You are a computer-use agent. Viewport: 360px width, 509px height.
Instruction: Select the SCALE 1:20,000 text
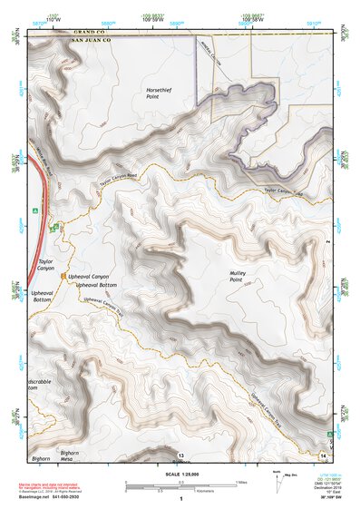pos(180,475)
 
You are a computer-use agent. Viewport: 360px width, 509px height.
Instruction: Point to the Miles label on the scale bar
pos(241,481)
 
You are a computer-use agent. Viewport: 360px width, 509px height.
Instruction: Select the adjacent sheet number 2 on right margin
pos(326,242)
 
